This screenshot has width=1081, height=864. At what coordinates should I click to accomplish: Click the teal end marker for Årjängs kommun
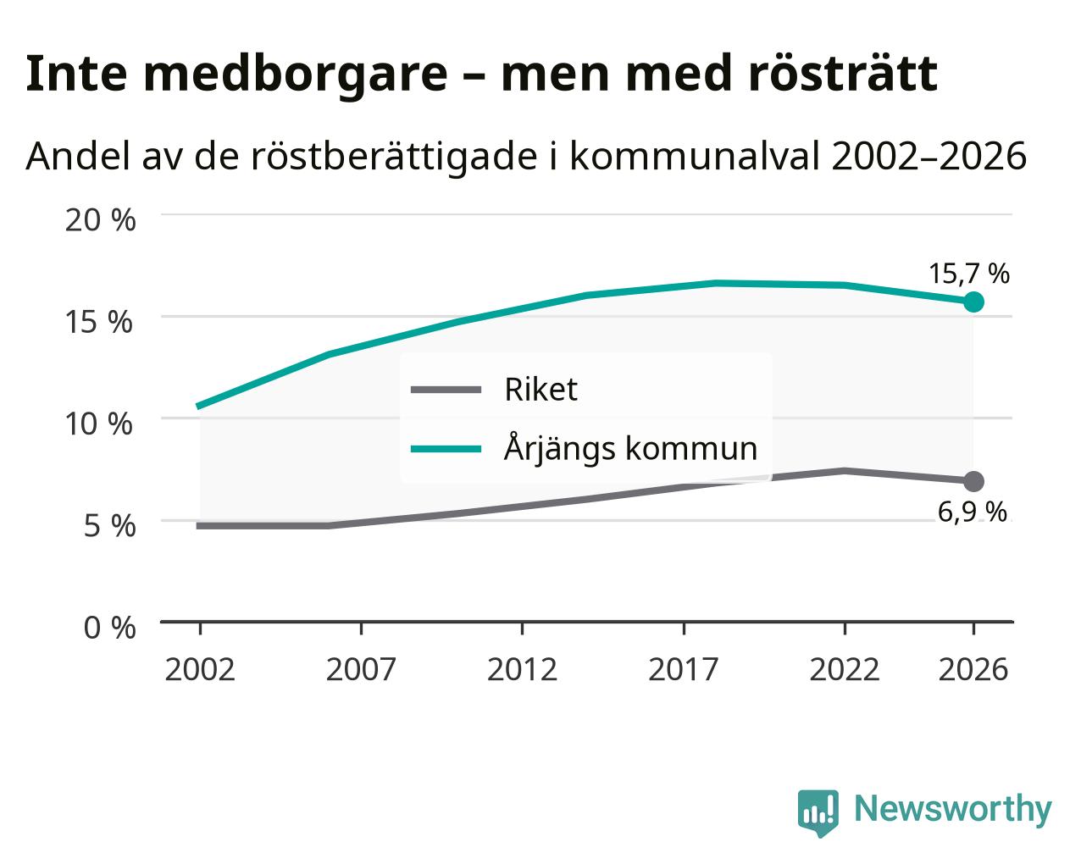point(973,302)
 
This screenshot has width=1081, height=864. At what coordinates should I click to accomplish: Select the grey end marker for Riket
point(973,481)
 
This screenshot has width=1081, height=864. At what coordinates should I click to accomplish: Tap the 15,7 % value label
point(969,274)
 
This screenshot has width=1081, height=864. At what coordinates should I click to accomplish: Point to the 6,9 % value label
point(973,512)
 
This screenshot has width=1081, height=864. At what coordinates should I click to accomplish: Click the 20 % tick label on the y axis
point(101,220)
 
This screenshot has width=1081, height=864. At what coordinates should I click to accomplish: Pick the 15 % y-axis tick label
point(99,322)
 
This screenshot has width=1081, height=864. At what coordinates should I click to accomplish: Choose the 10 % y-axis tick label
point(99,424)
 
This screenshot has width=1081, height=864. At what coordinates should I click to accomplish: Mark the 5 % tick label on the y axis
point(109,526)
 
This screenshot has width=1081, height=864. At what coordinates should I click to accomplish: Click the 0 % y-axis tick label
point(109,628)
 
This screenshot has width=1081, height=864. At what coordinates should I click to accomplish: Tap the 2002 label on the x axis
point(200,669)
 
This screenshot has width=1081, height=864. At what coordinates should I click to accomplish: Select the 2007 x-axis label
point(361,669)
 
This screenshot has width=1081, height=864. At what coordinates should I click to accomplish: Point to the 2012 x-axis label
point(523,669)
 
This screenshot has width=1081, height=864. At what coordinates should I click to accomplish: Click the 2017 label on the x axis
point(684,669)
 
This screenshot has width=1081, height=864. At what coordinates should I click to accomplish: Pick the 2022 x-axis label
point(845,669)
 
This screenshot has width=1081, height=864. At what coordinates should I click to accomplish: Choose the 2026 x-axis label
point(973,669)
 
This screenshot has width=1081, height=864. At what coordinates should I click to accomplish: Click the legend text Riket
point(541,390)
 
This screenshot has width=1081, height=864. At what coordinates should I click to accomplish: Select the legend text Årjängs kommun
point(631,447)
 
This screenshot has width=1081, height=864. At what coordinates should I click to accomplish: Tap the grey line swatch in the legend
point(446,390)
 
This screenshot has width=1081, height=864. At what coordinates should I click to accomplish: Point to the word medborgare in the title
point(296,75)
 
